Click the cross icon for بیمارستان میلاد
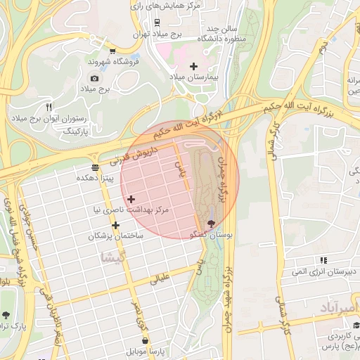[x=193, y=66]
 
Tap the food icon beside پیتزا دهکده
[x=95, y=167]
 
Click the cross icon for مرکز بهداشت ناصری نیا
[x=131, y=199]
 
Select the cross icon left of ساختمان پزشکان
[x=116, y=225]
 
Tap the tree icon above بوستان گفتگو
[x=212, y=223]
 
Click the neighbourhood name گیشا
[x=114, y=257]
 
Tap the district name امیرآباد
[x=338, y=309]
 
